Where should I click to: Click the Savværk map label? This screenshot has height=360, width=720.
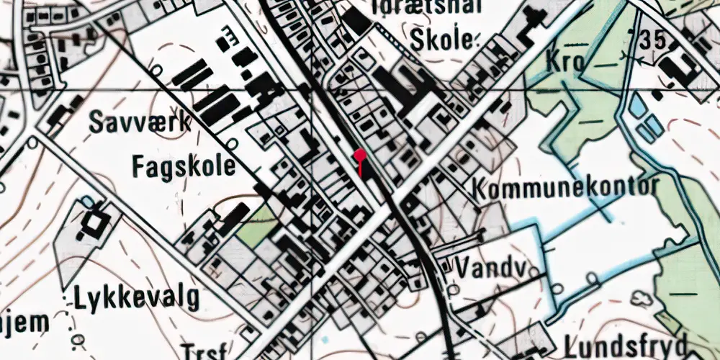(140, 123)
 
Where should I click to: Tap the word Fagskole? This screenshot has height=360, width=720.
(184, 167)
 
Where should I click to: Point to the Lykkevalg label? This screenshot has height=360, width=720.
(137, 297)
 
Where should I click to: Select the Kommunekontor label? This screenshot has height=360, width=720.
(566, 189)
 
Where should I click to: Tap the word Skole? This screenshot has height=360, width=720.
(441, 40)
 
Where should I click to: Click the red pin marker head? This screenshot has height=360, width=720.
(360, 153)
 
